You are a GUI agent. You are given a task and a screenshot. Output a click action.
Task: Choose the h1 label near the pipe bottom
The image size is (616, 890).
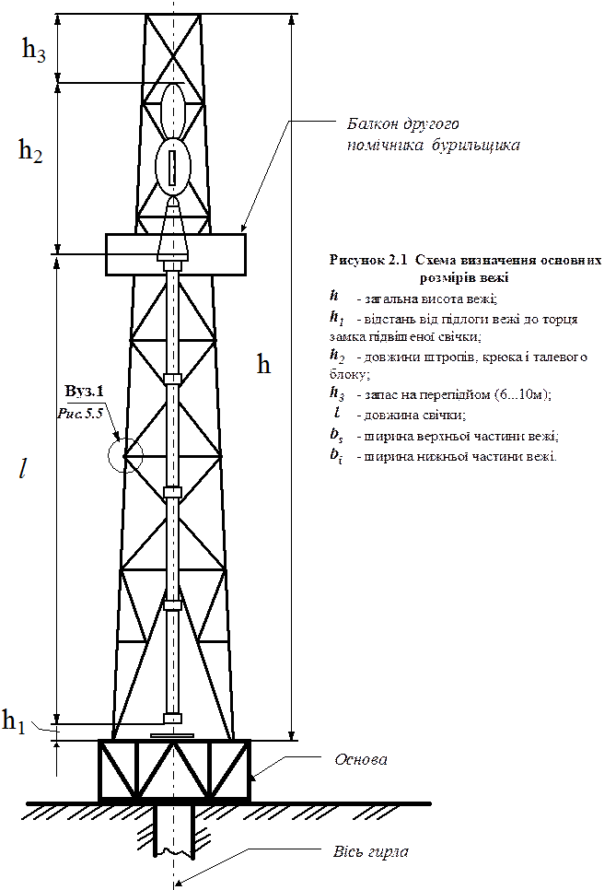click(15, 721)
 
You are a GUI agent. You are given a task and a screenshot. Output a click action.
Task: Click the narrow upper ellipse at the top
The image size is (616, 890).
click(172, 110)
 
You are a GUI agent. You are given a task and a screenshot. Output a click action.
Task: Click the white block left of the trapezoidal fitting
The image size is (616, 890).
click(133, 254)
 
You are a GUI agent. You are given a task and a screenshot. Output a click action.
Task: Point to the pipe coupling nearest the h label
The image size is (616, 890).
click(172, 379)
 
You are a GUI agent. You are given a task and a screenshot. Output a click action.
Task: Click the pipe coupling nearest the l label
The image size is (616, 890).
click(172, 493)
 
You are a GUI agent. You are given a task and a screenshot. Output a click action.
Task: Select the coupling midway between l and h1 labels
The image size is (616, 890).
click(172, 605)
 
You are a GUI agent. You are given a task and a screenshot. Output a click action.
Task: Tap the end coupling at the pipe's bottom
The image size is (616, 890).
click(172, 718)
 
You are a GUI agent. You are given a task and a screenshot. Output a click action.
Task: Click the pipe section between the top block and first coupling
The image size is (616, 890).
click(172, 322)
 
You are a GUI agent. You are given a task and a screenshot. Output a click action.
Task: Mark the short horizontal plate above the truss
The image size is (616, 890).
click(172, 736)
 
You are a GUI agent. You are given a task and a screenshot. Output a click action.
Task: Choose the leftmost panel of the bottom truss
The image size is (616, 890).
click(119, 770)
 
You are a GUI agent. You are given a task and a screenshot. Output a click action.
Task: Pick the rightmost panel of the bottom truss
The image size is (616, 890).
click(227, 770)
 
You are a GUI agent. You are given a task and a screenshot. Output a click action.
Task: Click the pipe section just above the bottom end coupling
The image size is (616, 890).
click(172, 663)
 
